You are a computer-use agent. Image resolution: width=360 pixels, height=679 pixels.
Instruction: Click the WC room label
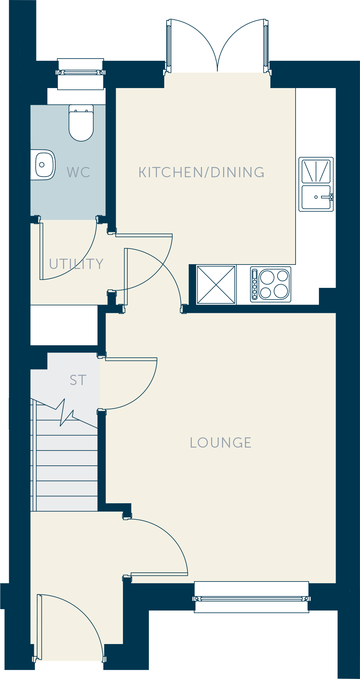point(78,172)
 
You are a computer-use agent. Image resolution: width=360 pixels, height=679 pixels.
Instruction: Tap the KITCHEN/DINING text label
point(202,172)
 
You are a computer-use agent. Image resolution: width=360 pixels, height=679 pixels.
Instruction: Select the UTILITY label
point(76,264)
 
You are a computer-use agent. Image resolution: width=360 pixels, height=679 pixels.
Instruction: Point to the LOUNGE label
point(221,442)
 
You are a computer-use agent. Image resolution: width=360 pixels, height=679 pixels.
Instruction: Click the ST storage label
point(78,380)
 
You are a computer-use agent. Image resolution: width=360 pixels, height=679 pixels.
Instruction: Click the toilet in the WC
point(81,123)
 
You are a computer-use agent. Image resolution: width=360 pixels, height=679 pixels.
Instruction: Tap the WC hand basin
point(43,165)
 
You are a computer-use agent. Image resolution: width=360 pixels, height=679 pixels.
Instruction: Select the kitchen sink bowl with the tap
point(316,197)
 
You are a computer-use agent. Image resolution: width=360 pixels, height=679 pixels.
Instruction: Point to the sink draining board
point(316,171)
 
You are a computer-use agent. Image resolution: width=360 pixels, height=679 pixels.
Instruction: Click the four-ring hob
point(270,285)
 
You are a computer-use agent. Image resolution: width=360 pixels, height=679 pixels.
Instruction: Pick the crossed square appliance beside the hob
point(216,285)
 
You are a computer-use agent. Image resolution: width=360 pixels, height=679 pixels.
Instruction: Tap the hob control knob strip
point(255,285)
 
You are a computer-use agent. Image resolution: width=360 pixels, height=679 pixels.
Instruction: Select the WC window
point(81,73)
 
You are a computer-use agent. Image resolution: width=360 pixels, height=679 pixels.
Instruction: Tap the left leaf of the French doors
point(169,45)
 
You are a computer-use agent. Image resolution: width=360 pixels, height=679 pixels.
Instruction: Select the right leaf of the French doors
point(266,45)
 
